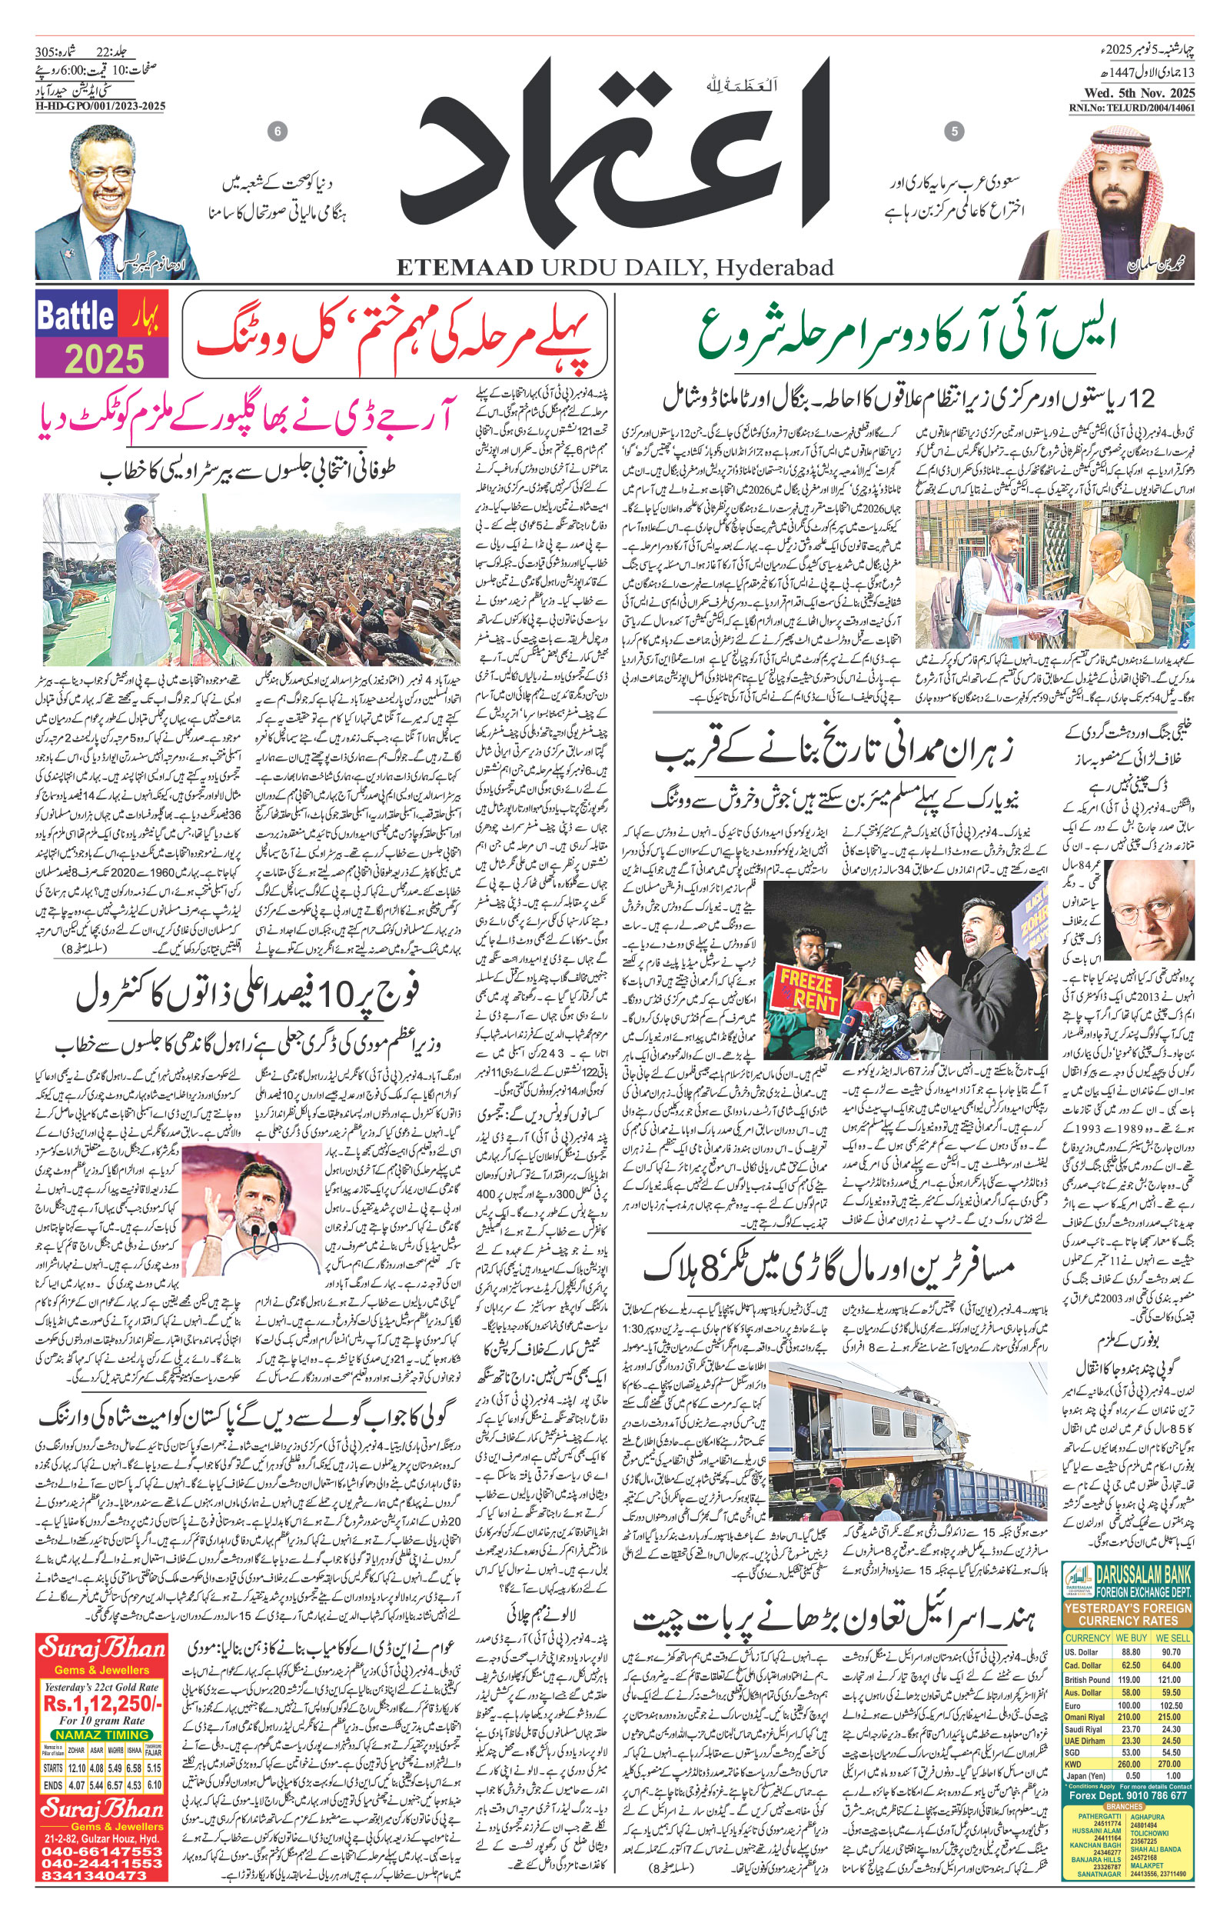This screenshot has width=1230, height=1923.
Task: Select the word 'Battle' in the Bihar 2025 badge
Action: point(76,316)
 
